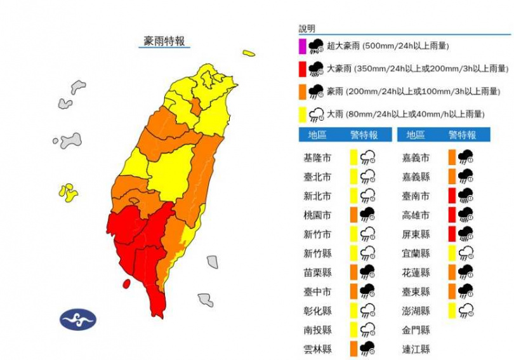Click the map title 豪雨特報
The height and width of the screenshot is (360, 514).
coord(164,41)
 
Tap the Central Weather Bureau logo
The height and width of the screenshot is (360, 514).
coord(79,319)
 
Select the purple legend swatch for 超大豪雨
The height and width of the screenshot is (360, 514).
coord(303,46)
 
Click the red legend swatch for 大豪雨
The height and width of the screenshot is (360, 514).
coord(303,69)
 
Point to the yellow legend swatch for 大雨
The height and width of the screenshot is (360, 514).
coord(303,114)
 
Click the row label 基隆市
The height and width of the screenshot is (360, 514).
coord(318,157)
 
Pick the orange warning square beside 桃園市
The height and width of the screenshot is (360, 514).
coord(353,214)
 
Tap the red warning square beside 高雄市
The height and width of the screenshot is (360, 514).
coord(452,214)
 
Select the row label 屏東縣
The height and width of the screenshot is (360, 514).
coord(416,234)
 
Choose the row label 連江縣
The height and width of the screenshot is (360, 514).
coord(416,349)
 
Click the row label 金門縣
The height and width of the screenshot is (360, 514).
coord(416,330)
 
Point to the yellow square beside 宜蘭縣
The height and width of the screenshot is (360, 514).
coord(452,253)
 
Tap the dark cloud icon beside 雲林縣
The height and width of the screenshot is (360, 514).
coord(367,349)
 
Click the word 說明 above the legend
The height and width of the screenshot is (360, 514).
coord(307,29)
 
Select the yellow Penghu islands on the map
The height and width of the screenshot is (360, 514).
coord(67,192)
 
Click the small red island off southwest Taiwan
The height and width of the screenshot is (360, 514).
coord(126,283)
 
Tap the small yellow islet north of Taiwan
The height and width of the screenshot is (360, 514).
coord(249,53)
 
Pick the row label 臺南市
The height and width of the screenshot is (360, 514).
coord(416,195)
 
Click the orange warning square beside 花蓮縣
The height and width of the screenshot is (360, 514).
coord(452,272)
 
